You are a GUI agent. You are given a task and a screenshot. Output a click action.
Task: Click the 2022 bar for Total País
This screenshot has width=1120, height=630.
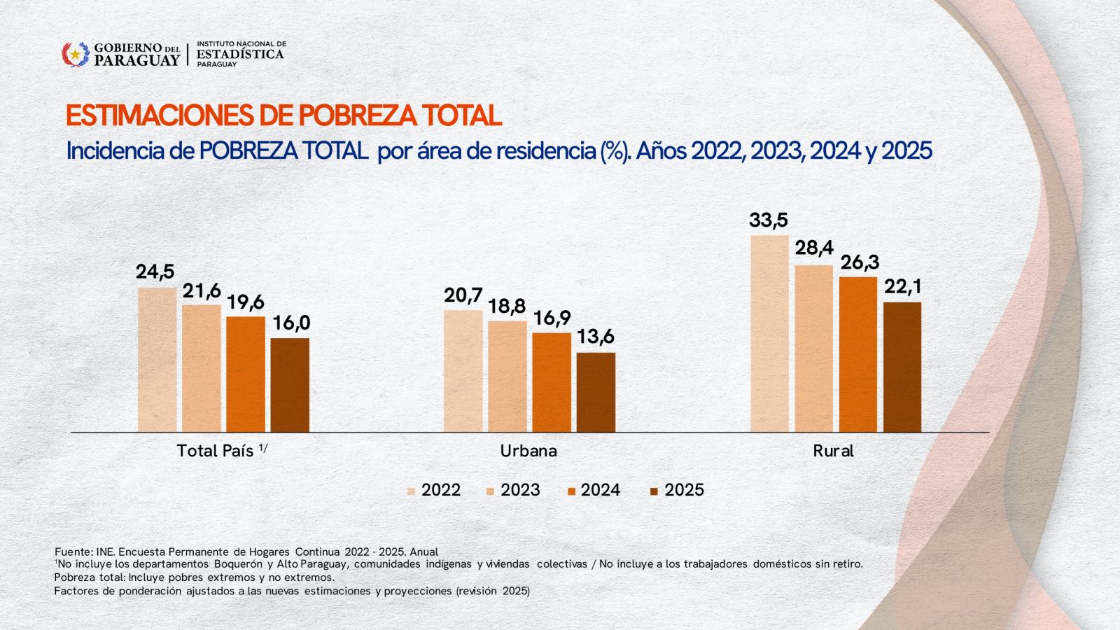pos(157,359)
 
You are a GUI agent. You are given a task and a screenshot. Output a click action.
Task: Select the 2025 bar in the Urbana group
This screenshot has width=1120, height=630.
pos(596,392)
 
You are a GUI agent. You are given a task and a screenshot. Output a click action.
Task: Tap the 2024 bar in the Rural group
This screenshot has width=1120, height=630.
pos(857,354)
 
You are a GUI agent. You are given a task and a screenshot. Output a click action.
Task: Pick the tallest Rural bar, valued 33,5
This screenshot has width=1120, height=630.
pos(769,333)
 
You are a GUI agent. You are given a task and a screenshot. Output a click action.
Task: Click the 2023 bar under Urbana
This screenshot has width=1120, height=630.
pos(507,376)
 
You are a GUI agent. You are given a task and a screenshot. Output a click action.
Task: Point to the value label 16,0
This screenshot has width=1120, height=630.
pos(291,323)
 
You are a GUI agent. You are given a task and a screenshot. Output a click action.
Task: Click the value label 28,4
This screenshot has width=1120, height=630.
pos(814,248)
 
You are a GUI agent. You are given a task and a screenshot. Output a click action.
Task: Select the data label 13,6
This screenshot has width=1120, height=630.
pos(596,337)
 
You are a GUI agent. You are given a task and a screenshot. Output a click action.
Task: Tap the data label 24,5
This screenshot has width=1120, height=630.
pos(155,272)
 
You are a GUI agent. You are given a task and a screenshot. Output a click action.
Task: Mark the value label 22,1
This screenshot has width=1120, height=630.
pos(902,287)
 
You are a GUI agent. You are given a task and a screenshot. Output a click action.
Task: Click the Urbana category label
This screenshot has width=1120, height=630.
pos(528,451)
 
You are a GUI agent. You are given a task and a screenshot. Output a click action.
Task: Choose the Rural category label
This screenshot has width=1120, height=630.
pos(833,451)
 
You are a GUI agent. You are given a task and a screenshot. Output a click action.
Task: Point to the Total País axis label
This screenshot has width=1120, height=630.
pos(215,451)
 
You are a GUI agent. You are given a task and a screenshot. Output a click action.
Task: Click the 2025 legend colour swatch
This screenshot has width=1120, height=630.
pos(654,491)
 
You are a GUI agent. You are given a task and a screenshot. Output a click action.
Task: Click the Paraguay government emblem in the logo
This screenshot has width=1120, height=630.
pos(75,55)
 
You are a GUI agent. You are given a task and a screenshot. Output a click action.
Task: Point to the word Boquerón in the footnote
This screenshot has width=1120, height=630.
pos(239,564)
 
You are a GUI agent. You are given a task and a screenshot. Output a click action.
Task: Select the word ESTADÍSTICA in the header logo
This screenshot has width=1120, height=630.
pos(240,54)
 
